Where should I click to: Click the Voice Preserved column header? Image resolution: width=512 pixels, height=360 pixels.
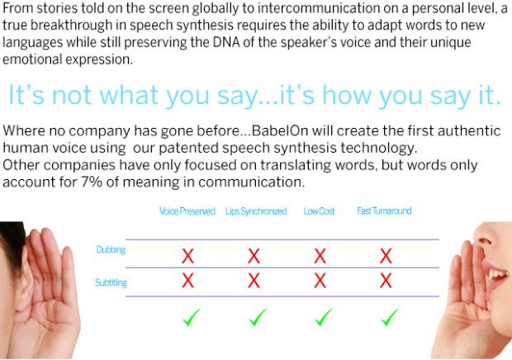(187, 211)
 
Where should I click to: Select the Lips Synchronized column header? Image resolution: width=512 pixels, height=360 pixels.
(256, 211)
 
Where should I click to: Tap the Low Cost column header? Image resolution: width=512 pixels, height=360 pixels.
(319, 211)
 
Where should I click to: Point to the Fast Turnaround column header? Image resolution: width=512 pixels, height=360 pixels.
(384, 211)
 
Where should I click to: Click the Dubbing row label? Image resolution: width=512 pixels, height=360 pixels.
(111, 249)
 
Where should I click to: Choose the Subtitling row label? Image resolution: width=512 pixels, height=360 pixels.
(111, 282)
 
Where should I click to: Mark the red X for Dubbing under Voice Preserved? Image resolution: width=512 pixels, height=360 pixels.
(187, 256)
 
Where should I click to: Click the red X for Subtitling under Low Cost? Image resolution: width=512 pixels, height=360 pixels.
(320, 281)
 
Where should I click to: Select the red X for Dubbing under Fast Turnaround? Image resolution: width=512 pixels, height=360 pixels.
(386, 256)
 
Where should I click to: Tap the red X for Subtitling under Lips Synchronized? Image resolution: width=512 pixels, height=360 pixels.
(254, 281)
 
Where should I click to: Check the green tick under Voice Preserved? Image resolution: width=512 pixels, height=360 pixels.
(192, 317)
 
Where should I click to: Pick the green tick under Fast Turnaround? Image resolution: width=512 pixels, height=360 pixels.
(390, 317)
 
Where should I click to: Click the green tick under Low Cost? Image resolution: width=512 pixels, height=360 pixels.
(324, 317)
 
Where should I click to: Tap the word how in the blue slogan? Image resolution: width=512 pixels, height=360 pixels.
(348, 95)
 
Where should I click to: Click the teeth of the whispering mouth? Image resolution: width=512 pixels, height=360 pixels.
(498, 274)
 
